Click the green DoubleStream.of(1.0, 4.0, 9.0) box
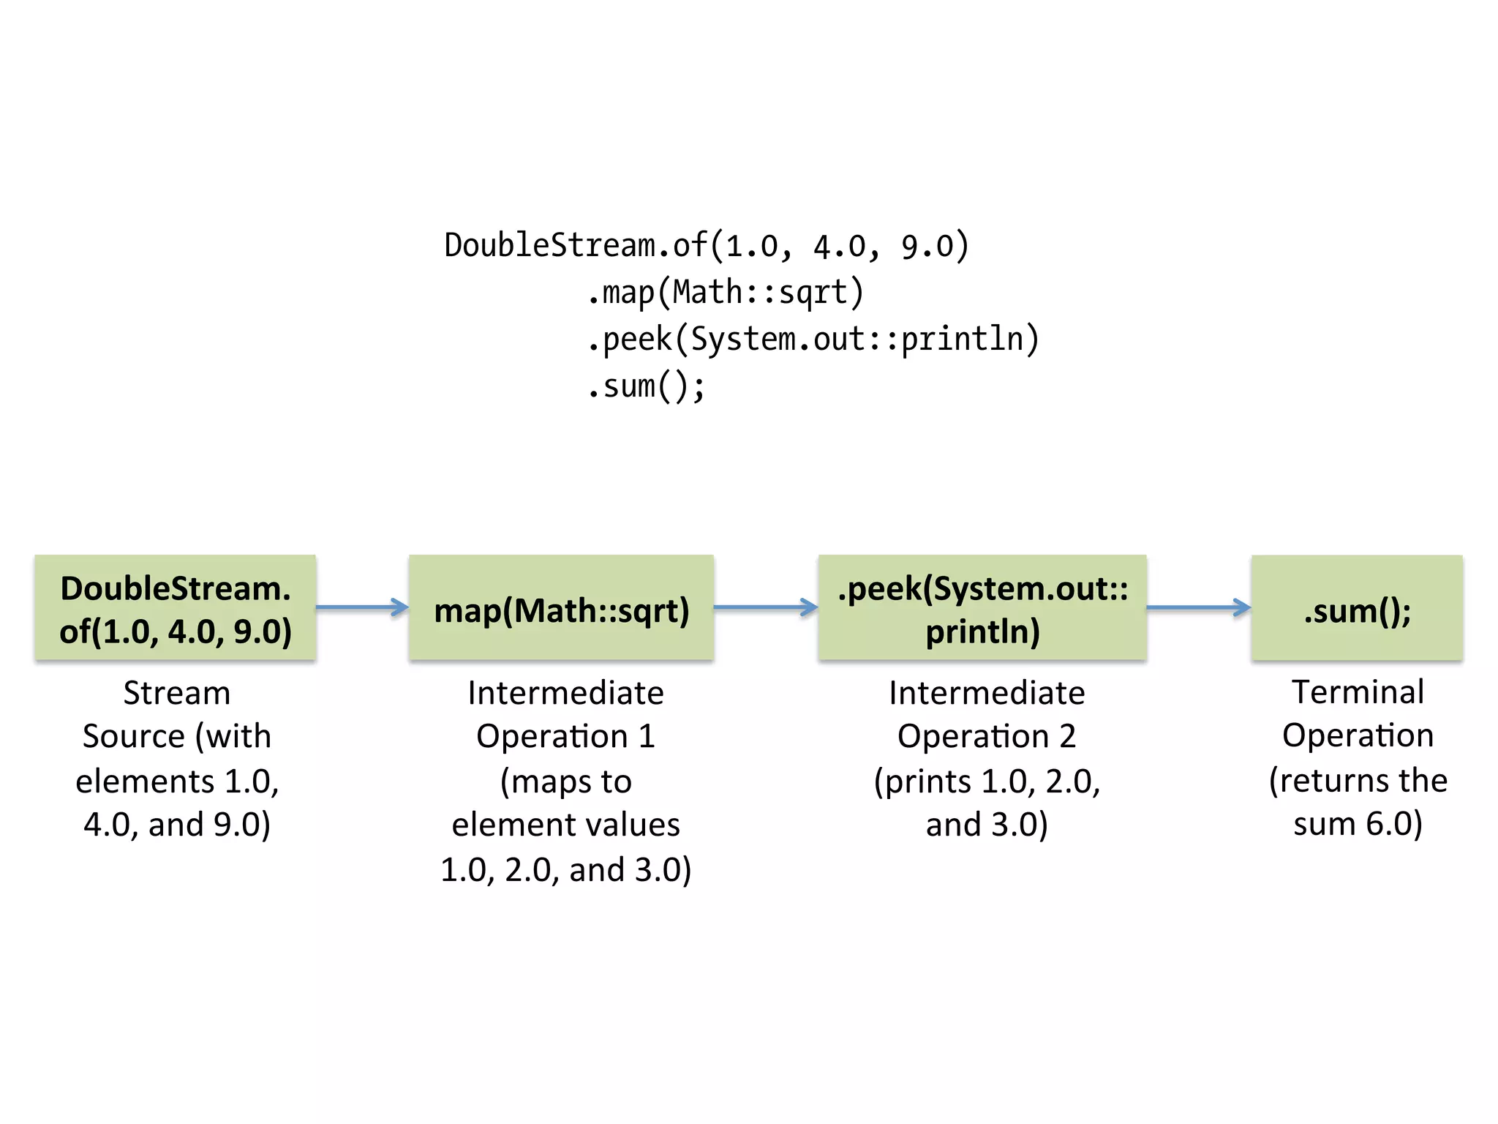pos(176,608)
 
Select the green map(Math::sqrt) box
pos(561,608)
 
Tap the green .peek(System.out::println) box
pos(982,608)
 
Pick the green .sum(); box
pos(1357,608)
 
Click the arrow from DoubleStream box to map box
pos(362,607)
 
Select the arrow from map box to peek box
pos(765,607)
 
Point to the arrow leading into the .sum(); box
pos(1198,607)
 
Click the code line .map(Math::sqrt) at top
pos(726,293)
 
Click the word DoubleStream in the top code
pos(549,245)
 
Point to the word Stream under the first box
pos(176,692)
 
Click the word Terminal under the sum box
pos(1358,692)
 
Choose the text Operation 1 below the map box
pos(565,736)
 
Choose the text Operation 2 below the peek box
pos(987,736)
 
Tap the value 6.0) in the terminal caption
pos(1394,824)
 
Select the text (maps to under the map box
pos(565,782)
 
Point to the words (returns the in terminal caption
pos(1358,780)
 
